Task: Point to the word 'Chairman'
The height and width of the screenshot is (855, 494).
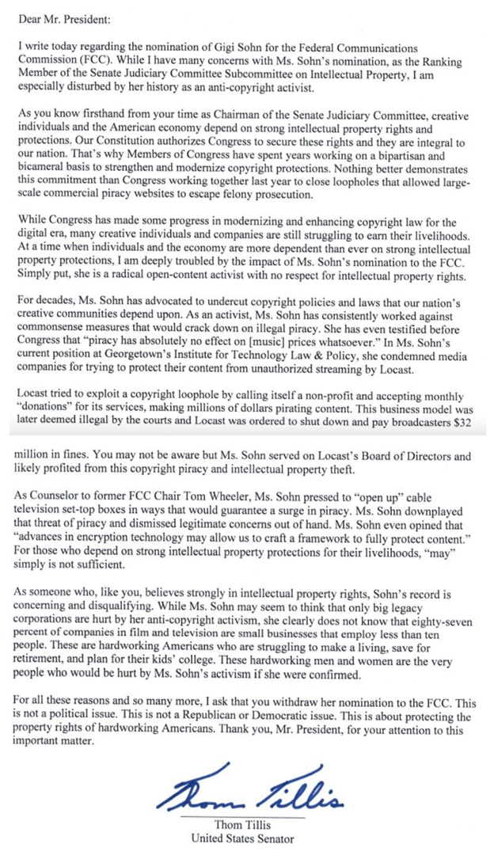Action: click(x=241, y=112)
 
